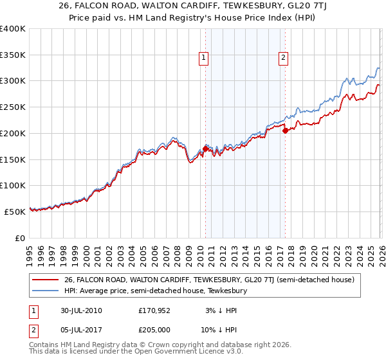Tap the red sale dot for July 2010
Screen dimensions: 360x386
point(205,148)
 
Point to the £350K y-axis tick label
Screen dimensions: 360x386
point(13,55)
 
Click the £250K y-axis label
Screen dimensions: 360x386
point(13,107)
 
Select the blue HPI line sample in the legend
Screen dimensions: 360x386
point(46,291)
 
